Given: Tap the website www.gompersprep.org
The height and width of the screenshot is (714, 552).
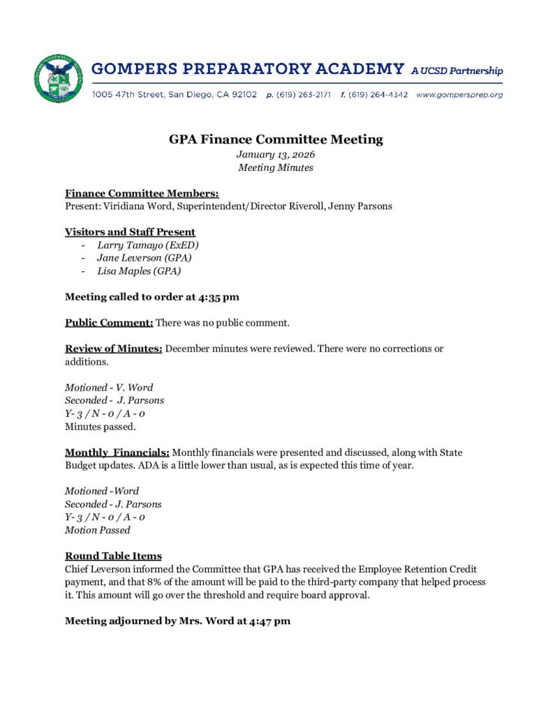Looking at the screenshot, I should click(459, 95).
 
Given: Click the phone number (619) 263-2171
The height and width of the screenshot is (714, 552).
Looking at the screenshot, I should click(304, 95).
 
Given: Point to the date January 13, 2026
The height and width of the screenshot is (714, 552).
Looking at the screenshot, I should click(276, 154).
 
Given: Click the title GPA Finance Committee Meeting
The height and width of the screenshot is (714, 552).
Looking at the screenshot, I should click(276, 139).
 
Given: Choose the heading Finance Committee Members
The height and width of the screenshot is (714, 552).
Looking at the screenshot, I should click(142, 193).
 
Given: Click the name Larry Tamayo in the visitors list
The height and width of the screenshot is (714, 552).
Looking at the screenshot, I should click(128, 245).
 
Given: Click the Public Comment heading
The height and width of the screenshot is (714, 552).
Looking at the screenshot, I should click(109, 323).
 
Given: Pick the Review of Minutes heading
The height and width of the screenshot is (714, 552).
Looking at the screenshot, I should click(114, 349).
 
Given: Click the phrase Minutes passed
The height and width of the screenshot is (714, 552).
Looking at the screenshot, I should click(98, 426).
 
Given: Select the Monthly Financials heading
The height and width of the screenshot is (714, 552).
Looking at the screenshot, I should click(117, 453).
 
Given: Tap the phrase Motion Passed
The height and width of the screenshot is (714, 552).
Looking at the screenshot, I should click(98, 530).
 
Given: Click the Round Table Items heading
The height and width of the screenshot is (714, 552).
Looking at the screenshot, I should click(113, 556).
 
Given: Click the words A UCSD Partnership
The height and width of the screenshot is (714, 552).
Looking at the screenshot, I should click(457, 70).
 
